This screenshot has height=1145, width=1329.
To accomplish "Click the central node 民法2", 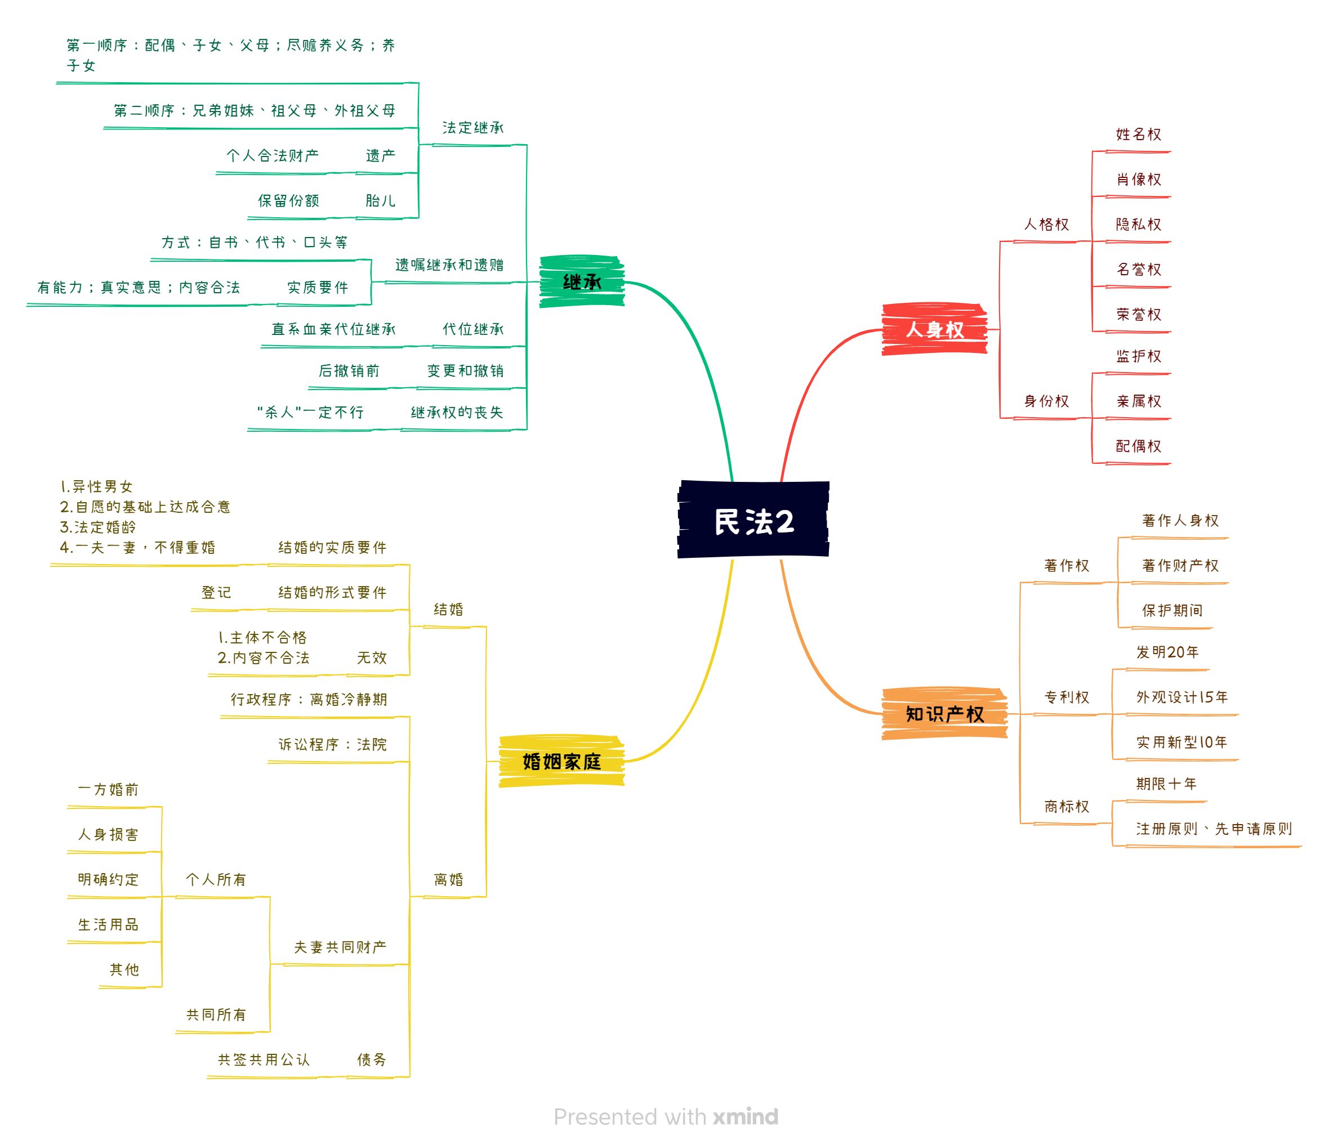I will coord(753,521).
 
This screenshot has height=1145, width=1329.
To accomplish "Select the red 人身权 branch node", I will coord(935,329).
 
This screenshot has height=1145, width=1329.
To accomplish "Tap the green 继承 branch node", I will coord(582,282).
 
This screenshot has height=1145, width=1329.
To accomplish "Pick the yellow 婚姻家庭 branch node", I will coord(561,762).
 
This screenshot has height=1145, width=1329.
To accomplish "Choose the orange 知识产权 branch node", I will coord(944,714).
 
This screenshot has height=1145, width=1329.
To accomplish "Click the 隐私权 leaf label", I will coord(1138,225).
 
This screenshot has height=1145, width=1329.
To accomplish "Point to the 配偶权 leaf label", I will coord(1138,446).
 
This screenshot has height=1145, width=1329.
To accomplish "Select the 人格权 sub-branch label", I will coord(1046,225).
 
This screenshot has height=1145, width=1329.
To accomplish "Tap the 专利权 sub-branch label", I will coord(1067,697).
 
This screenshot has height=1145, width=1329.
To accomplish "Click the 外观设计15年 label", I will coord(1181,697).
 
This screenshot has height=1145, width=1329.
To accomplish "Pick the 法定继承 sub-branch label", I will coord(472,128).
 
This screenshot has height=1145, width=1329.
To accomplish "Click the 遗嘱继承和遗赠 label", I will coord(449,265).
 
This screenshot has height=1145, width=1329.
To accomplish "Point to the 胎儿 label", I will coord(380,200).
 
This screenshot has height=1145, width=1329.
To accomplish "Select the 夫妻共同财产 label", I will coord(340,947).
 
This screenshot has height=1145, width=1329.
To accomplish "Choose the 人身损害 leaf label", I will coord(108,835).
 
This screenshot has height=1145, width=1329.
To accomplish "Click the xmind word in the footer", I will coord(746,1117).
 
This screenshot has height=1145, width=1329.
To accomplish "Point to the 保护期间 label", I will coord(1172,610).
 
